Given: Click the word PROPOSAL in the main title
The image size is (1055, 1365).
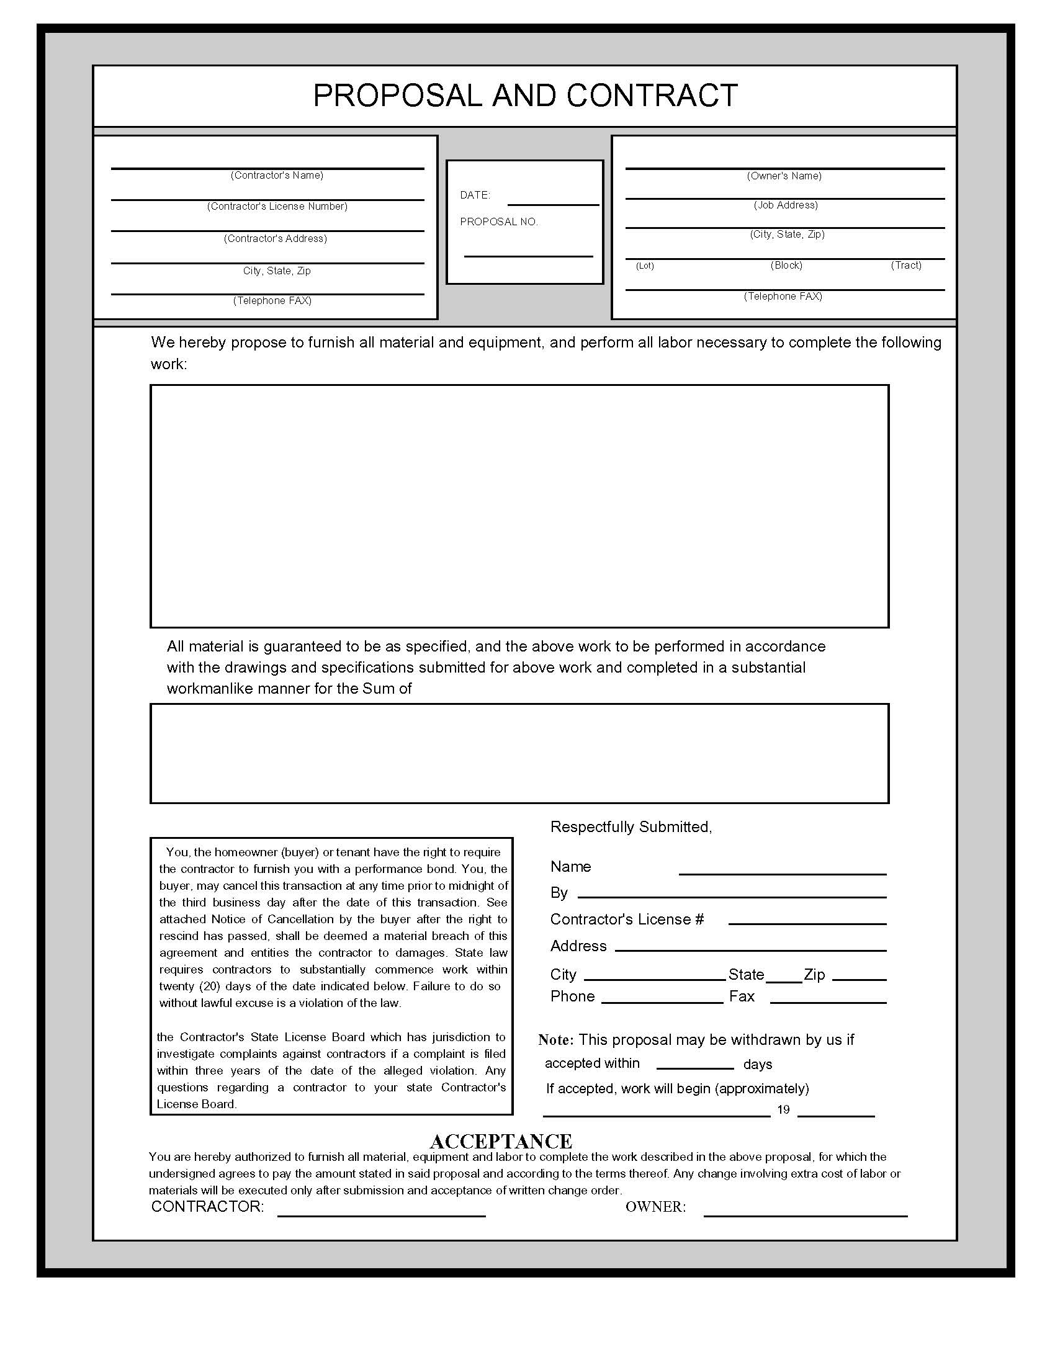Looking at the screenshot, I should pyautogui.click(x=398, y=96).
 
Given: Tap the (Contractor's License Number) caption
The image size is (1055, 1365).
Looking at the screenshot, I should pyautogui.click(x=277, y=206).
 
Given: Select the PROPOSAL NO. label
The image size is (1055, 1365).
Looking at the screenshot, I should pyautogui.click(x=499, y=222).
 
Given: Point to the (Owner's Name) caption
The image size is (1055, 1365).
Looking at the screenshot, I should pyautogui.click(x=784, y=176).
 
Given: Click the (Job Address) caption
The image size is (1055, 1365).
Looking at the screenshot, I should pyautogui.click(x=786, y=205).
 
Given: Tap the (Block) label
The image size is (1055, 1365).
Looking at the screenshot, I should pyautogui.click(x=786, y=265).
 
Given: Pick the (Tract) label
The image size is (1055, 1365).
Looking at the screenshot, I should pyautogui.click(x=905, y=265).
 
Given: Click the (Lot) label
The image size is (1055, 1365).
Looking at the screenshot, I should pyautogui.click(x=645, y=266).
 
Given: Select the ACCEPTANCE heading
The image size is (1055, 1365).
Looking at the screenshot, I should pyautogui.click(x=501, y=1141).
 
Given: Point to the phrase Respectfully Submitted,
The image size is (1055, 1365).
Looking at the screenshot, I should pyautogui.click(x=631, y=827).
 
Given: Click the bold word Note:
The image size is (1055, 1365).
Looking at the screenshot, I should pyautogui.click(x=555, y=1040).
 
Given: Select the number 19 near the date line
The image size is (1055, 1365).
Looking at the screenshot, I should pyautogui.click(x=783, y=1109).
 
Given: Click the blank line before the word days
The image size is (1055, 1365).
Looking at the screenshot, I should pyautogui.click(x=695, y=1068).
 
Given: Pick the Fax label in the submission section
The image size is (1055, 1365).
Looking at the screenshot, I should pyautogui.click(x=741, y=996).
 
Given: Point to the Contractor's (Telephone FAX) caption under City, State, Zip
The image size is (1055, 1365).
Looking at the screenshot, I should pyautogui.click(x=272, y=301).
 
